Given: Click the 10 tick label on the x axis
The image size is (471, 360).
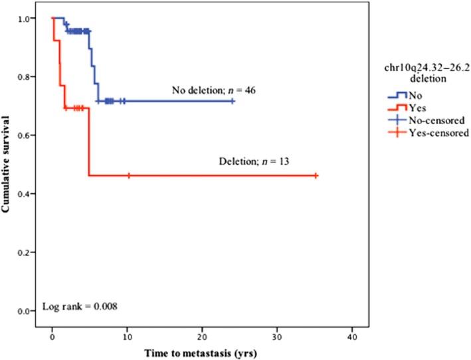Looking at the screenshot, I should [x=127, y=329].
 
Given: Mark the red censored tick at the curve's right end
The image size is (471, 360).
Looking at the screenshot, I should [x=316, y=175].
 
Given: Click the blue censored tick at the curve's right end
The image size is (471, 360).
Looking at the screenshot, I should [x=233, y=101].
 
